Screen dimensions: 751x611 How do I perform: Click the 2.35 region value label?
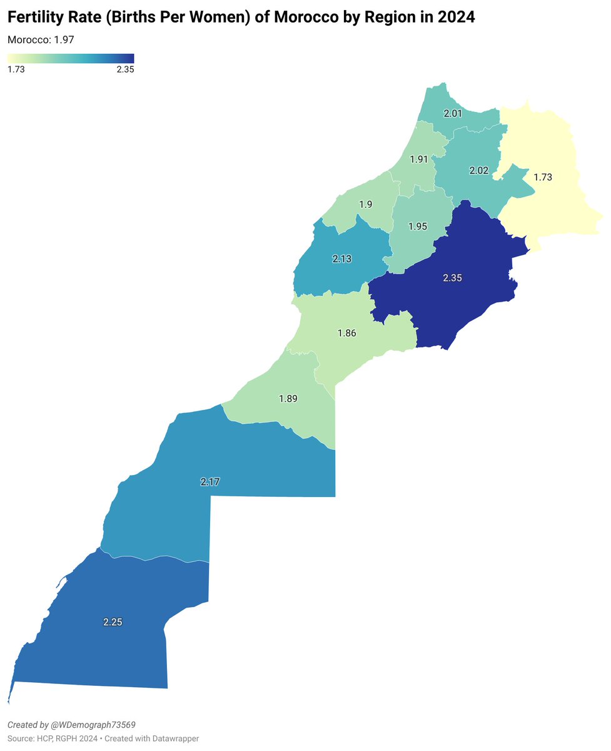[452, 277]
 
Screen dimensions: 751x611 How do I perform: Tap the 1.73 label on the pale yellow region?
[542, 177]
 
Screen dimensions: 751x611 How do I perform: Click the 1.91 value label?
[418, 159]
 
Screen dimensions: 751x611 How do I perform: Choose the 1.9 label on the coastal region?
[366, 204]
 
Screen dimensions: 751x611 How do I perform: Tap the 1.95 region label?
[417, 226]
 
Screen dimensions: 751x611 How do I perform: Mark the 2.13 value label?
[341, 258]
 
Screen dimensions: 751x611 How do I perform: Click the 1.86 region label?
[346, 333]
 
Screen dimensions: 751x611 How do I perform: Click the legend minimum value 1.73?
[16, 69]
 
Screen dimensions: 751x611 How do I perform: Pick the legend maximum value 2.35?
[125, 69]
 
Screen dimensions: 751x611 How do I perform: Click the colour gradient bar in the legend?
[71, 58]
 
